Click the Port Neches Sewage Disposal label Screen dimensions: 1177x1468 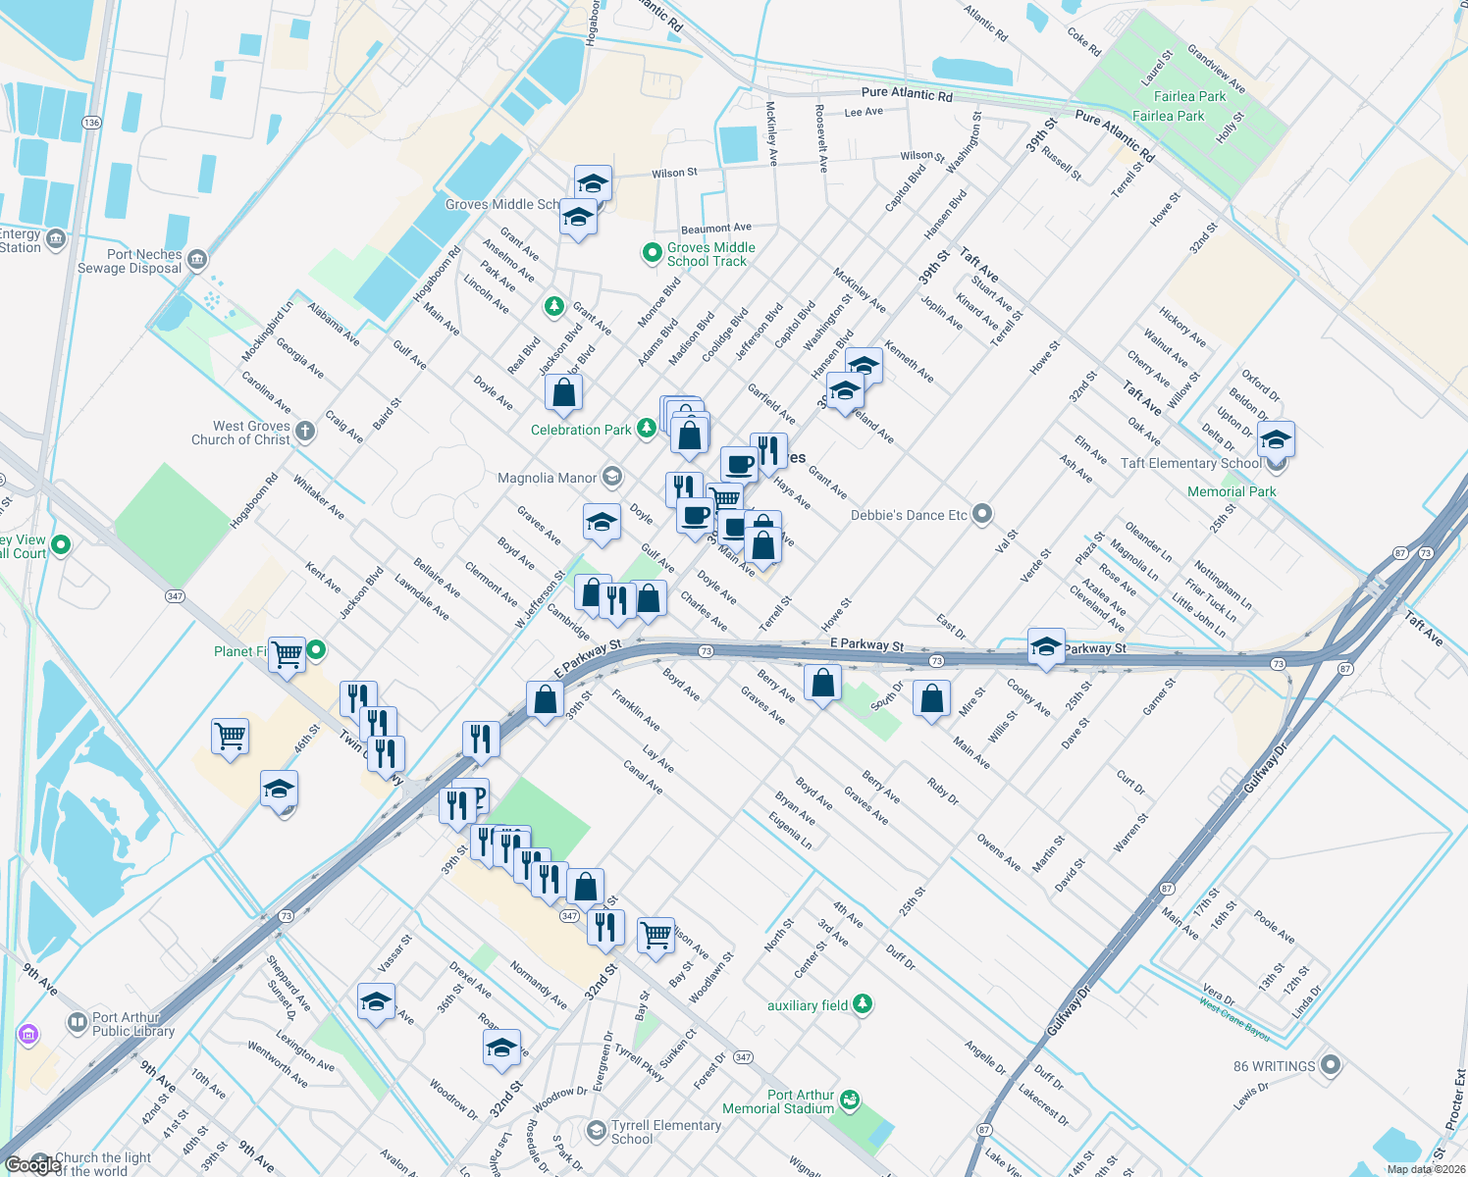click(130, 261)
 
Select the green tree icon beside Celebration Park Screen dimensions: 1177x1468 click(646, 428)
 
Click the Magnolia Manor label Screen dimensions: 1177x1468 click(547, 478)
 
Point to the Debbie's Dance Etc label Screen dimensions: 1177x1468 click(909, 515)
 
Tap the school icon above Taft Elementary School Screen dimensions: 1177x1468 click(1275, 438)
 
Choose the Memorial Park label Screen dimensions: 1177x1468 click(1232, 491)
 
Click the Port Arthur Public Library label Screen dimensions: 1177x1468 click(132, 1024)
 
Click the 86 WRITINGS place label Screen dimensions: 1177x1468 click(1274, 1066)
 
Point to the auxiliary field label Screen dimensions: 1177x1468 click(807, 1005)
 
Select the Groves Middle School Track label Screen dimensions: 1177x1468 click(710, 254)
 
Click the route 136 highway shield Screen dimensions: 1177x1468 click(91, 123)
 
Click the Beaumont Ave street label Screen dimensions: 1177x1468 click(715, 229)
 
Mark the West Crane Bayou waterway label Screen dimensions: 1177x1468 click(1233, 1019)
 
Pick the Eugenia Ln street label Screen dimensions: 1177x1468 click(790, 830)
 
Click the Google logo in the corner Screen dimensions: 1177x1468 click(32, 1164)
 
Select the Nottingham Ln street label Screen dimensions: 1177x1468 click(1222, 585)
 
